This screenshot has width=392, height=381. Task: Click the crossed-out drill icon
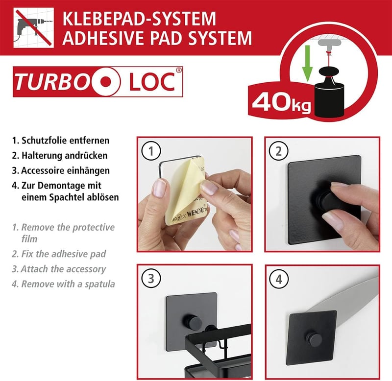point(33,28)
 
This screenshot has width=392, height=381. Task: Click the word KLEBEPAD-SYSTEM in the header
point(139,19)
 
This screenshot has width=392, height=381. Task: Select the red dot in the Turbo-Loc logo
point(106,82)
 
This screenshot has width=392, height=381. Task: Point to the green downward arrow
point(307,64)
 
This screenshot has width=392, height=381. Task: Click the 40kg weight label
point(281,102)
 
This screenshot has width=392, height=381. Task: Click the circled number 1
point(151,151)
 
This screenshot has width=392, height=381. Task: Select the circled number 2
point(278,151)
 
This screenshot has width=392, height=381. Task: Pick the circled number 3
point(151,279)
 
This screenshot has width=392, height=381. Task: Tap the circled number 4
point(279,279)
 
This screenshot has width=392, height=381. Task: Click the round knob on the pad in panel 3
point(192,322)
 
